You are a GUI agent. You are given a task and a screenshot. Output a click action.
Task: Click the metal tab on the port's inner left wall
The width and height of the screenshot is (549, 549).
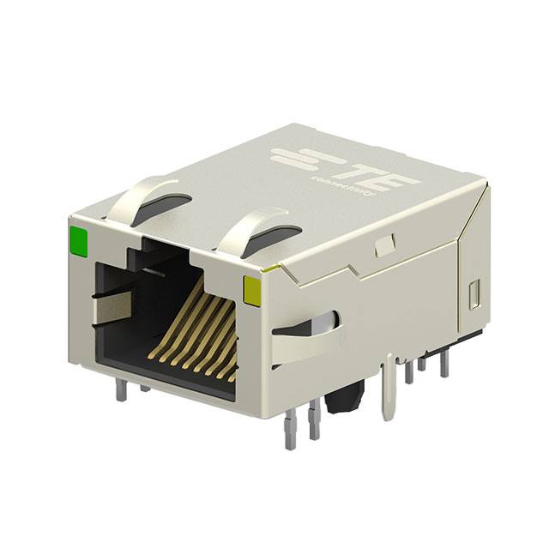pos(100,296)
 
